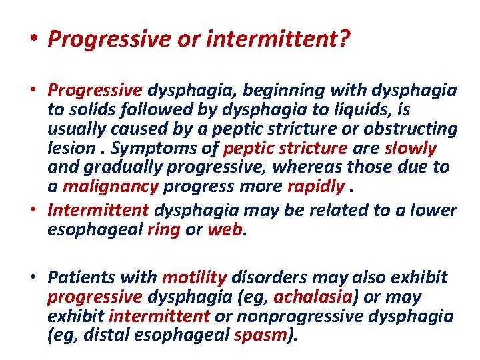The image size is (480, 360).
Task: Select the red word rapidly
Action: (315, 186)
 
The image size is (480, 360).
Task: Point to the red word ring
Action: (162, 230)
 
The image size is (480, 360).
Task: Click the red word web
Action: (226, 230)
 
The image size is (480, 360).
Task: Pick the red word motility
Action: (195, 277)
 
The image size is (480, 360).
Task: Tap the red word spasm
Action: (262, 335)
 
